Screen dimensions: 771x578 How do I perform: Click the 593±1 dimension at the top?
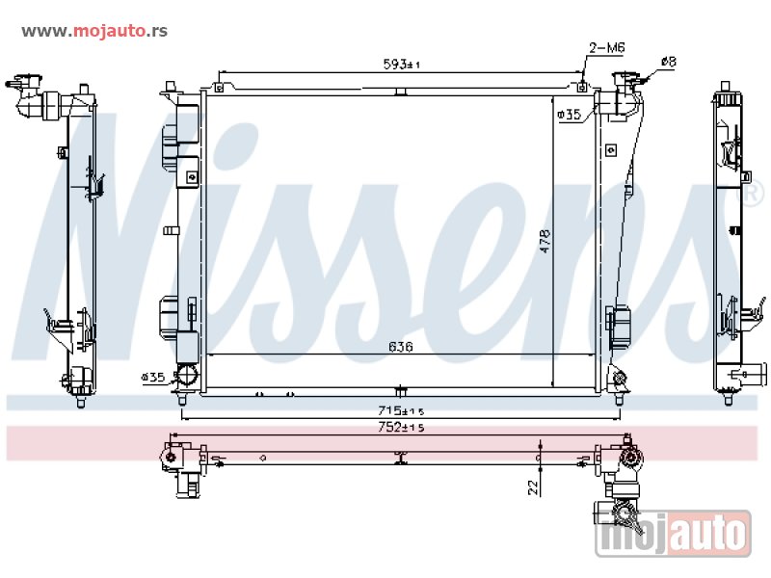[x=401, y=65]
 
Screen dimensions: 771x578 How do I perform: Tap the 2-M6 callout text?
[x=607, y=47]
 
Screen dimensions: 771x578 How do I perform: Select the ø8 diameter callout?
[x=669, y=62]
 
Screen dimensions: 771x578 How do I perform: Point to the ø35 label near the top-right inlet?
[x=570, y=115]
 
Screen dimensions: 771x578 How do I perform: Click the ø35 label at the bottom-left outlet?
[x=153, y=378]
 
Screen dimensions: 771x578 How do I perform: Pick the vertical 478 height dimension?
[x=545, y=241]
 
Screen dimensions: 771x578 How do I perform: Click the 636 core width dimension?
[x=401, y=347]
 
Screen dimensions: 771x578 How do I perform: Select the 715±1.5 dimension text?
[x=401, y=410]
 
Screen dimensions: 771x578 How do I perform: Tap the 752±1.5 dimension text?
[x=401, y=427]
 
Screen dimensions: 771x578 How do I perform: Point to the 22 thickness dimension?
[x=533, y=487]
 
